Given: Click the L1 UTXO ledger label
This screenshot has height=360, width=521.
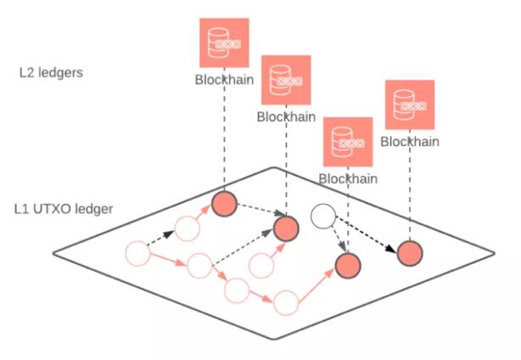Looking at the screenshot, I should tap(63, 208).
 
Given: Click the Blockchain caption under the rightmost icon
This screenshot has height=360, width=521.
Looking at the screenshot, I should tap(410, 142).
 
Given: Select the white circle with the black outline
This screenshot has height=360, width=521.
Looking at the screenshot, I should tap(324, 216).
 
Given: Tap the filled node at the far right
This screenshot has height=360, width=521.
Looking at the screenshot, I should tap(410, 253).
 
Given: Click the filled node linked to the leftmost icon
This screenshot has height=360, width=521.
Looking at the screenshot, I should tap(224, 204).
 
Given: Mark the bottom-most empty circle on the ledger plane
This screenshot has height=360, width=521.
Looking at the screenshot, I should tap(286, 301).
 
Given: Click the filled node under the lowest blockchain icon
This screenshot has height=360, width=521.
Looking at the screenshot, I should tap(348, 266).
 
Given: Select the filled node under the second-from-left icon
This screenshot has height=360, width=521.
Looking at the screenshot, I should tap(285, 228).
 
